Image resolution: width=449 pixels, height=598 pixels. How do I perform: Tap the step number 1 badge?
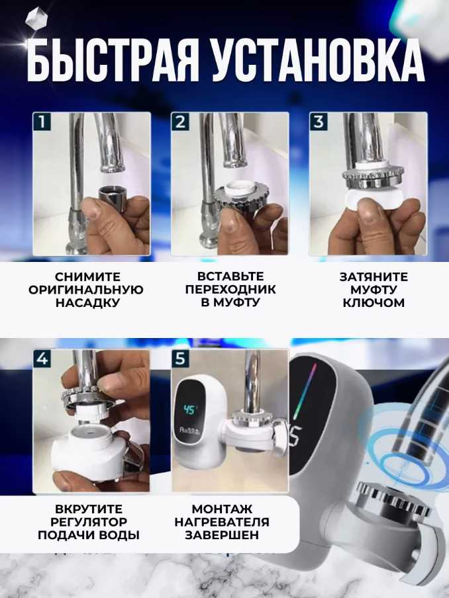click(42, 122)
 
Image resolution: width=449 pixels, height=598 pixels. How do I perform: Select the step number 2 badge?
click(180, 122)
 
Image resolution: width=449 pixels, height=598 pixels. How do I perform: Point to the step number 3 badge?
click(319, 122)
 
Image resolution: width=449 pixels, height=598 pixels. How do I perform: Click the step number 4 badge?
click(42, 359)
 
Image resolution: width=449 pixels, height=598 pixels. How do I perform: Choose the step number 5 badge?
click(180, 359)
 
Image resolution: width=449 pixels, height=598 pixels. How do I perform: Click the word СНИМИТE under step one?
click(87, 277)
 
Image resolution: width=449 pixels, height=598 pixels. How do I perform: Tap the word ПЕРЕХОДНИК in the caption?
click(230, 289)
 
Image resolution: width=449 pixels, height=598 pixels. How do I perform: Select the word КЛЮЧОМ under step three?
click(374, 302)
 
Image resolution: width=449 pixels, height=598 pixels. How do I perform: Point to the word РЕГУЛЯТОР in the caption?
click(89, 522)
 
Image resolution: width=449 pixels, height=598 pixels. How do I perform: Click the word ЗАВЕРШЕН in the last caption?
click(222, 534)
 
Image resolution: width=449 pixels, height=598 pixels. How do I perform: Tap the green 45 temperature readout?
click(189, 409)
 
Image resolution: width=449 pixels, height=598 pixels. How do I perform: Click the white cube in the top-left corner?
click(36, 19)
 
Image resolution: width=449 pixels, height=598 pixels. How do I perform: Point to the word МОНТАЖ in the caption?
click(222, 509)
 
